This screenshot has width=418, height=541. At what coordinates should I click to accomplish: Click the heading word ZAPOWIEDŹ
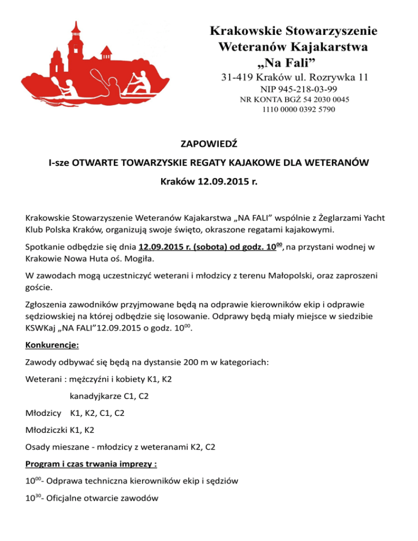click(x=209, y=144)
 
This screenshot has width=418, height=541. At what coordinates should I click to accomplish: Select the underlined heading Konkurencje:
click(x=52, y=345)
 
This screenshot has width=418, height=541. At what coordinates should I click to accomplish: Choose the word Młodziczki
click(x=47, y=430)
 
